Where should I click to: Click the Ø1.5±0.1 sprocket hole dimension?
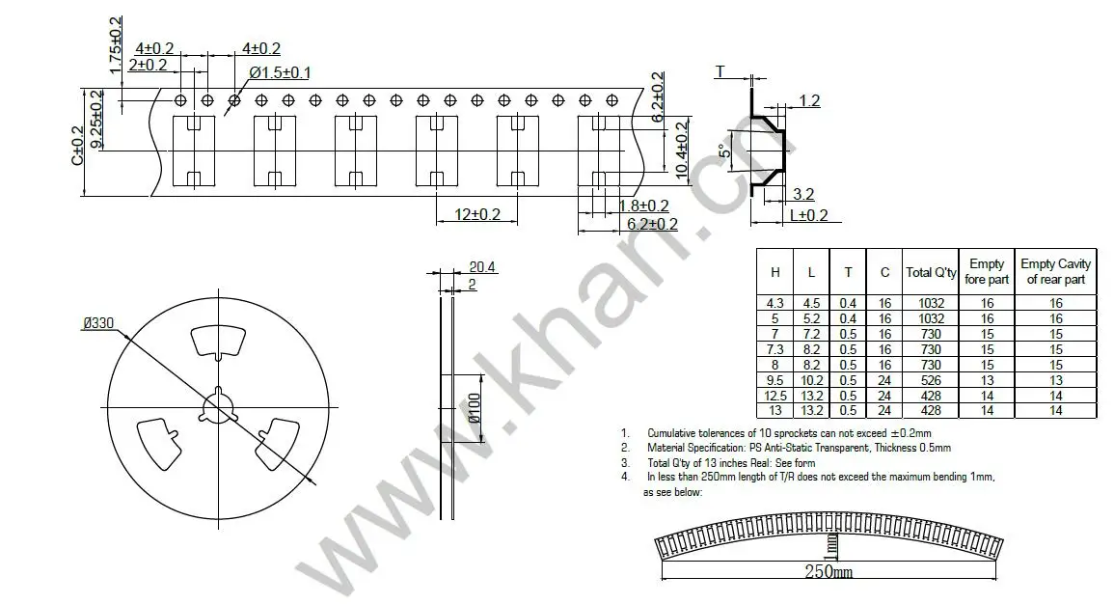280,72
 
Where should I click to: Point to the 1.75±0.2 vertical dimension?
117,45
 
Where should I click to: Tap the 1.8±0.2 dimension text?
643,206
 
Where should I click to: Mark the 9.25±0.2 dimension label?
96,119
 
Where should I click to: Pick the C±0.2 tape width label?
77,145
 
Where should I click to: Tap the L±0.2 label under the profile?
809,216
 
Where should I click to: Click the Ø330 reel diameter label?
99,324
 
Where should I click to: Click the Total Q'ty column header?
931,272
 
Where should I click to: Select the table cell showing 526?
931,379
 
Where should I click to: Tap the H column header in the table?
774,272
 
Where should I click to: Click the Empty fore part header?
986,271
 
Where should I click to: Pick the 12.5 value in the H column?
774,395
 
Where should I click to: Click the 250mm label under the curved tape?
829,572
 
